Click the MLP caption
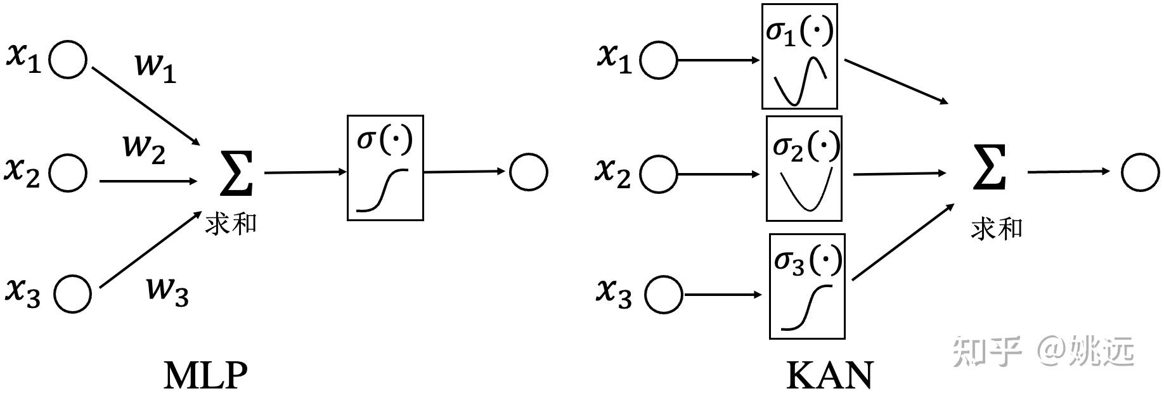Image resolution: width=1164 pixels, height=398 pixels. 205,375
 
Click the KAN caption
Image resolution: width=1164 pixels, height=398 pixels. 829,375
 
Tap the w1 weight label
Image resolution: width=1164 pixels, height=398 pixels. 155,67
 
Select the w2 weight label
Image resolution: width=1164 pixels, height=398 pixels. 145,149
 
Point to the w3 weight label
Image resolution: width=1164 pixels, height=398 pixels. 167,291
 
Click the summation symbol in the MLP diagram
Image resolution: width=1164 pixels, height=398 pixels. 236,172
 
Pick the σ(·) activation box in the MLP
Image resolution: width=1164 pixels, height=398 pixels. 385,168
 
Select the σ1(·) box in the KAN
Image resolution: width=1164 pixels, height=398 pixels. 799,56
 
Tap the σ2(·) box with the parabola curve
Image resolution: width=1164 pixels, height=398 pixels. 804,169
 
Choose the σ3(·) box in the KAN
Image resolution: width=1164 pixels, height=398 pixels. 806,286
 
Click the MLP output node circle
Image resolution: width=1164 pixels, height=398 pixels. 528,172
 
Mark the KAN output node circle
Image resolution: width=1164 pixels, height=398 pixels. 1140,172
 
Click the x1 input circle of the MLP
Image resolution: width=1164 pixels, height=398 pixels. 68,60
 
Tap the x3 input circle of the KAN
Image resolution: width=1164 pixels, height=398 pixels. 663,295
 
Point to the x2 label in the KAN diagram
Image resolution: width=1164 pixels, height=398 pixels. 613,172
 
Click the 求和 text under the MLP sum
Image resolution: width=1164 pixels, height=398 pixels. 231,224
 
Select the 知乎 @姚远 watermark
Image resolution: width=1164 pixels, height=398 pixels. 1042,351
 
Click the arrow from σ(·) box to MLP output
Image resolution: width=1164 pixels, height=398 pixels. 465,172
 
